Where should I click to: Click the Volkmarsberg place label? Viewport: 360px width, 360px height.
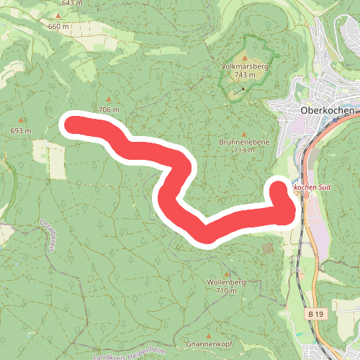pos(245,66)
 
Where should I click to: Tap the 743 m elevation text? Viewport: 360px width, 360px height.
pos(245,75)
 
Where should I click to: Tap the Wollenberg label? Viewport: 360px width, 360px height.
pos(225,283)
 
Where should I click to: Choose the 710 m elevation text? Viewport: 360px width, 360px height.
pos(225,292)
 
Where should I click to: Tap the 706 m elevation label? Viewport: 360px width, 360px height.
pos(108,109)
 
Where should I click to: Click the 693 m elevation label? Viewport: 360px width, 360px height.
pos(21,130)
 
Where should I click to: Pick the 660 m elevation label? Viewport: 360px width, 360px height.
pos(58,26)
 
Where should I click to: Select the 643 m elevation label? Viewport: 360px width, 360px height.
pos(72,3)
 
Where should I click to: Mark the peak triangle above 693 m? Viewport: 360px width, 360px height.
pos(21,120)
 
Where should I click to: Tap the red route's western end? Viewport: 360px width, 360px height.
pos(71,124)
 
